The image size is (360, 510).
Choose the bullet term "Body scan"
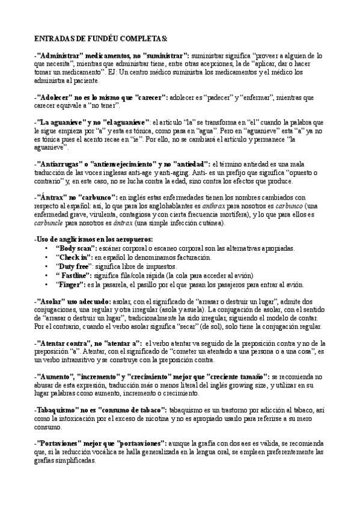point(75,248)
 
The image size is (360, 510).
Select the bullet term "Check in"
point(73,257)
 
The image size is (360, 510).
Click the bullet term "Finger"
point(70,284)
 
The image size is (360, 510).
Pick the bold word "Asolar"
point(50,300)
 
